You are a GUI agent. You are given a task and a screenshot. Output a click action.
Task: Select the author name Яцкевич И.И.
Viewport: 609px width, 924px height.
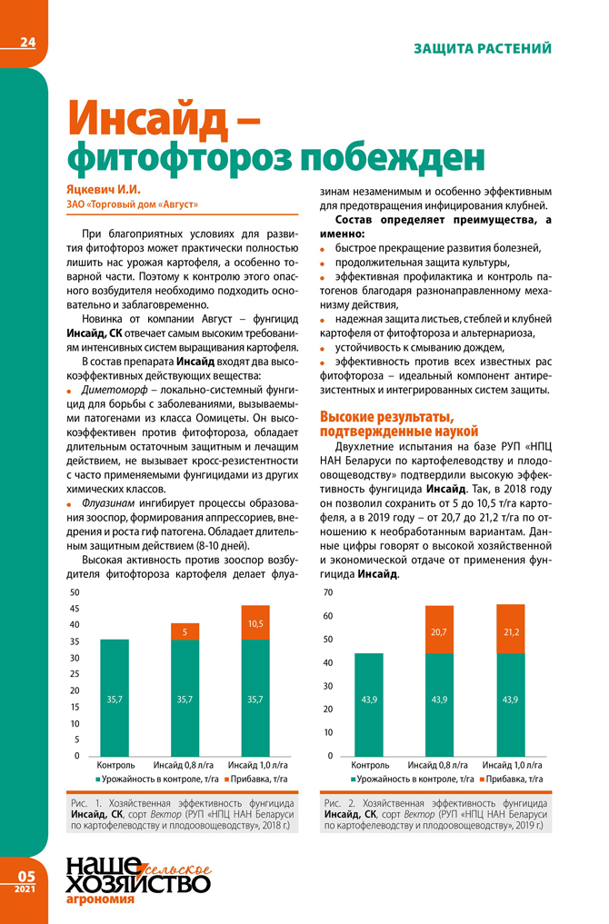point(105,190)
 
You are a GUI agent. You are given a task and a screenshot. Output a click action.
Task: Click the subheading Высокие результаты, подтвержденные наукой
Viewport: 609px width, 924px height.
point(399,423)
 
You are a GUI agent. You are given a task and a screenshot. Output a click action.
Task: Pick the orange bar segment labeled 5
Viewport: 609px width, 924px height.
point(185,631)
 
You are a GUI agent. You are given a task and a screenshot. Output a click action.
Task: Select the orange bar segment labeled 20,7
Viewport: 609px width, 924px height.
point(439,630)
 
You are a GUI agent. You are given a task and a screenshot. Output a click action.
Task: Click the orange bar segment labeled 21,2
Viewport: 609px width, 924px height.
point(510,629)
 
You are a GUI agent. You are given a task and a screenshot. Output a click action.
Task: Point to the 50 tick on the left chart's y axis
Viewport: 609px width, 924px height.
point(75,592)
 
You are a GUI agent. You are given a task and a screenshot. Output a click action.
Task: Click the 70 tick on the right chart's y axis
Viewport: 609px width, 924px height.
point(329,592)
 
